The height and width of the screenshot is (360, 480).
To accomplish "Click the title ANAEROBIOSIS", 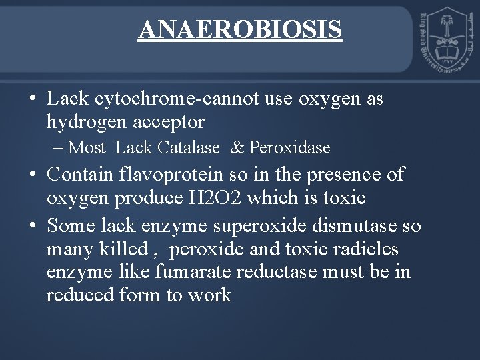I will pos(240,29).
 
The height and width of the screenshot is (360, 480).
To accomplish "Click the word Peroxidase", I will pos(290,147).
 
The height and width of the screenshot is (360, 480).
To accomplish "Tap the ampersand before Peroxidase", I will pos(237,147).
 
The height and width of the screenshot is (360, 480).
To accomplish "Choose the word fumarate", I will pos(191,272).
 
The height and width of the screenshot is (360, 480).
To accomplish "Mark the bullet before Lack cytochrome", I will pos(33,99).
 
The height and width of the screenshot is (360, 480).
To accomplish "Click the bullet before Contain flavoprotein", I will pos(33,175).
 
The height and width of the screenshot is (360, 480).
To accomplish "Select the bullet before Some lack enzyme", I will pos(33,225).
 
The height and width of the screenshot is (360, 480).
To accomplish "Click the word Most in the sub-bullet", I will pos(87,147).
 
